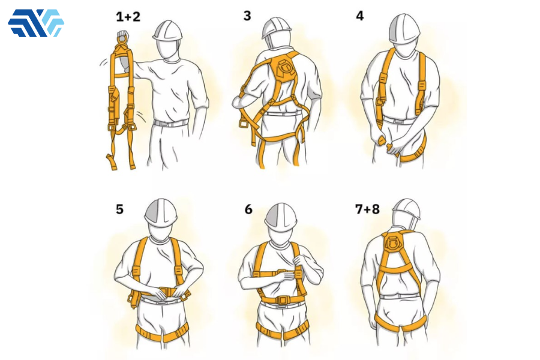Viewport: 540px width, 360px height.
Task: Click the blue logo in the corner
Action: click(36, 23)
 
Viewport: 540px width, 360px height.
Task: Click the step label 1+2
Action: click(128, 17)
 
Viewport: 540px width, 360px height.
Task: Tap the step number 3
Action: click(247, 16)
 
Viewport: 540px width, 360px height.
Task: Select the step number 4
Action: click(359, 16)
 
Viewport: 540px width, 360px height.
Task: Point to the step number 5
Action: click(119, 209)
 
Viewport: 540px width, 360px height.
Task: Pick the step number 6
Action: click(248, 209)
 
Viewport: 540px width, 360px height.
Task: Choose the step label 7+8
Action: click(367, 209)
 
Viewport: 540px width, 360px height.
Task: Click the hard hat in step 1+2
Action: click(168, 30)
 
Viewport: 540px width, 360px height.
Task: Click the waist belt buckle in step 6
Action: click(283, 301)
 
